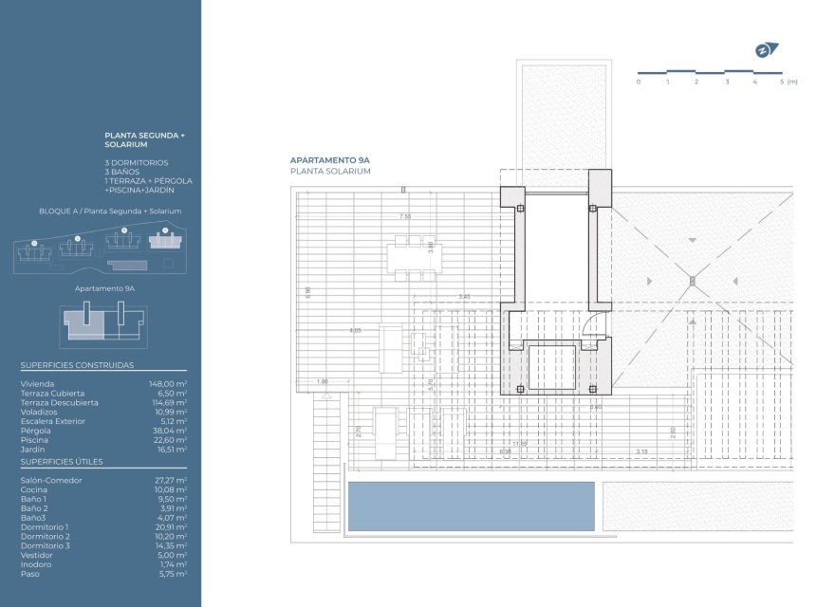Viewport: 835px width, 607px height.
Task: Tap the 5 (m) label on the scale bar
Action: point(788,83)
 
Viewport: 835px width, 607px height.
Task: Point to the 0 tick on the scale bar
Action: point(639,83)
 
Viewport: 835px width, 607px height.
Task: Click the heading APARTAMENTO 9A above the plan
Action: point(329,161)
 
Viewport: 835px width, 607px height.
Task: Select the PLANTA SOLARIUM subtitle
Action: point(330,172)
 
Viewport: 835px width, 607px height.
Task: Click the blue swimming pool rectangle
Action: point(471,506)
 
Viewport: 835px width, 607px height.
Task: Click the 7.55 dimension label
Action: point(405,216)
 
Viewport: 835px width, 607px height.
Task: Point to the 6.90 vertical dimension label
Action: point(307,292)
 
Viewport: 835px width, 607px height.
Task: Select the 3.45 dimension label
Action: point(464,297)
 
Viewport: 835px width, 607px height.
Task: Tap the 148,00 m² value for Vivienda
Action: point(168,384)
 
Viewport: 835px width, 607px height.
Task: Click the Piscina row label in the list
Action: point(33,440)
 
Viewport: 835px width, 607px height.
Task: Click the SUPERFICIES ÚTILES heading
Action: point(62,462)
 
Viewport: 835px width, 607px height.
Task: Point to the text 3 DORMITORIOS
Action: point(137,162)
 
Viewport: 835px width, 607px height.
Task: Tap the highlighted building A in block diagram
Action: point(165,243)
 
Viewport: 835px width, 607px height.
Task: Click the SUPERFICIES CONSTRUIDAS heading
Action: point(77,365)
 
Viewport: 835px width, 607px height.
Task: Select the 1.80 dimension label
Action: point(322,381)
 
